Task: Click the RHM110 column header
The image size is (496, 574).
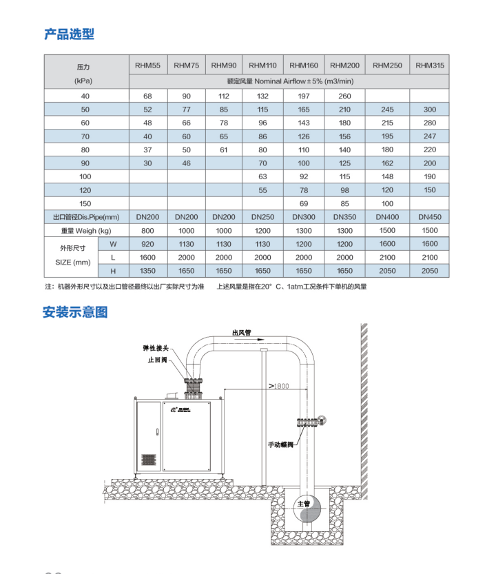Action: [262, 65]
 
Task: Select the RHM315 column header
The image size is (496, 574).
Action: [430, 65]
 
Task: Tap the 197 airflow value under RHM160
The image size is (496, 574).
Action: [304, 96]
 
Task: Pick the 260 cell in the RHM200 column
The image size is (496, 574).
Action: [344, 96]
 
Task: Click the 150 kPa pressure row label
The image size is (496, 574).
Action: [85, 203]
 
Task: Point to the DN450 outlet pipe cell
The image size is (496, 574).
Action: [430, 217]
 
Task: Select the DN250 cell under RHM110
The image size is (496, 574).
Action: [262, 217]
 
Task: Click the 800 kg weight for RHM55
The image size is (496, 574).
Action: [147, 231]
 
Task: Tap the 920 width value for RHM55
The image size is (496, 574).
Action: [147, 244]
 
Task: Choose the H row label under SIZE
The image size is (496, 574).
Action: [113, 271]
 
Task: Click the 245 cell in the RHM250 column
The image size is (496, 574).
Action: [387, 110]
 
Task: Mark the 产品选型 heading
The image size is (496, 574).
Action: [69, 34]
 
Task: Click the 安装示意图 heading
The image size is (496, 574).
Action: [75, 312]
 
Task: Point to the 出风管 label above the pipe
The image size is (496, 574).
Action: [242, 332]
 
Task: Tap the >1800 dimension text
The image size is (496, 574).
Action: [279, 386]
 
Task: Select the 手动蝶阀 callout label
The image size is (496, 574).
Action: [280, 444]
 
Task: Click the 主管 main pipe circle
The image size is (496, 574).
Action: [307, 509]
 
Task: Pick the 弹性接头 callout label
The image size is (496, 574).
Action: [156, 348]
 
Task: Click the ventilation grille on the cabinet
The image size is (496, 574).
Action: [149, 460]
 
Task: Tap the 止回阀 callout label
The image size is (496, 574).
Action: [157, 360]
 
